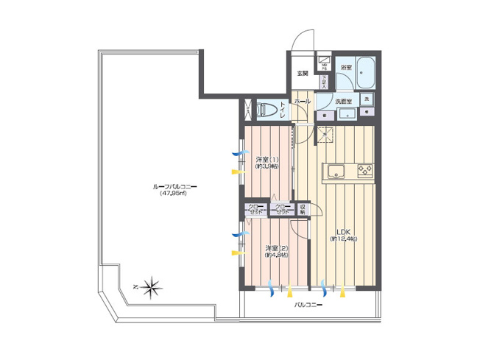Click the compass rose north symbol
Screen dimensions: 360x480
coord(150,286)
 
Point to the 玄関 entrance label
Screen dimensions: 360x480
coord(302,74)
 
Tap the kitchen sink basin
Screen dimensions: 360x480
coord(335,172)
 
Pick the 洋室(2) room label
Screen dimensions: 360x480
coord(277,248)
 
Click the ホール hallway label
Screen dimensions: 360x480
coord(302,99)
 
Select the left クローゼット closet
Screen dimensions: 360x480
coord(256,210)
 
